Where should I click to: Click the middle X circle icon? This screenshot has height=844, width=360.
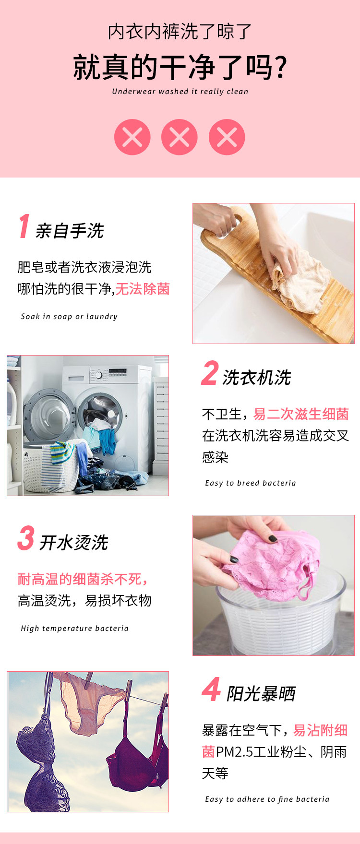click(180, 137)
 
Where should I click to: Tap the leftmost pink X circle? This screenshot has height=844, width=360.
click(132, 137)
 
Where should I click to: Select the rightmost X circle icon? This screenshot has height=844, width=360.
click(227, 137)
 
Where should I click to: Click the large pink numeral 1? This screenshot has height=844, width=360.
click(24, 226)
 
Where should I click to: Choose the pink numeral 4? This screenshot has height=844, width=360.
click(211, 689)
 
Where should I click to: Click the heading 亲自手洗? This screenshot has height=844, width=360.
click(70, 231)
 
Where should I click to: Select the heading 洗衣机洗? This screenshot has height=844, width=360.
click(257, 378)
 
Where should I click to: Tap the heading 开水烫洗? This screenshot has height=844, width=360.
click(74, 543)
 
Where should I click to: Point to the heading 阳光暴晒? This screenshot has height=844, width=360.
click(261, 694)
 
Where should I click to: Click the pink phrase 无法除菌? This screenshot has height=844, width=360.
click(143, 289)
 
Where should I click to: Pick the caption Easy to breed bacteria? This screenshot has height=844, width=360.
click(251, 483)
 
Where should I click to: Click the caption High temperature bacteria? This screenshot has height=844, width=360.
click(75, 629)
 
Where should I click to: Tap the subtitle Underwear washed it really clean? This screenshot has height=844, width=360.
click(180, 92)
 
